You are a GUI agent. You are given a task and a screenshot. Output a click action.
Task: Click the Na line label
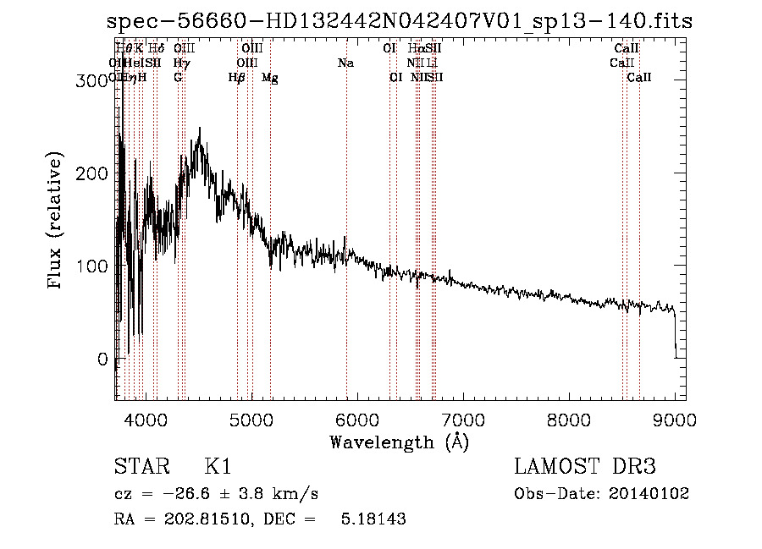click(x=345, y=63)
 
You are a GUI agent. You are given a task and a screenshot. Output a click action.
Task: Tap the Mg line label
click(x=269, y=78)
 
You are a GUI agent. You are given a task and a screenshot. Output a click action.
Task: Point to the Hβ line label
click(x=237, y=78)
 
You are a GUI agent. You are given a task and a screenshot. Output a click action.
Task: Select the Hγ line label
click(x=180, y=63)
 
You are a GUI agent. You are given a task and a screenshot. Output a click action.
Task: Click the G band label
click(x=178, y=77)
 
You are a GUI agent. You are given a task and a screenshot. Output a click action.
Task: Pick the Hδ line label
click(x=157, y=49)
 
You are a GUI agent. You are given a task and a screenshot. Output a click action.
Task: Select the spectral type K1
click(x=217, y=467)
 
